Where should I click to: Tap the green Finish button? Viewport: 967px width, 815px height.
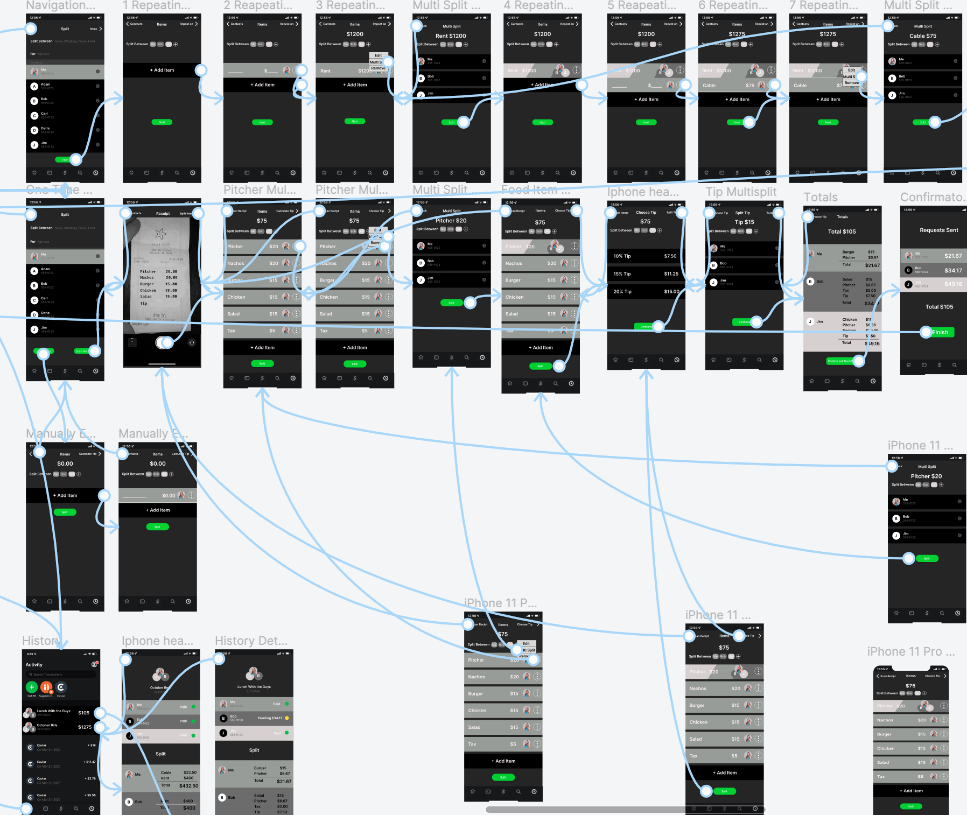tap(939, 332)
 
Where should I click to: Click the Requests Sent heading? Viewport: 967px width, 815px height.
tap(938, 230)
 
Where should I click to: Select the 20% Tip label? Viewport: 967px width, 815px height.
tap(622, 292)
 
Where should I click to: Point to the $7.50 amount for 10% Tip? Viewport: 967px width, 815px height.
tap(670, 256)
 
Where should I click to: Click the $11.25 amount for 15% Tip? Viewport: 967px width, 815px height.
tap(671, 274)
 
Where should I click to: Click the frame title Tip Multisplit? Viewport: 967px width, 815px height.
tap(741, 192)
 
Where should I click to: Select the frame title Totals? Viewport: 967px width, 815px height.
tap(820, 198)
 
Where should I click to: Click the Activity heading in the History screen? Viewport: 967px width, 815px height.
tap(34, 665)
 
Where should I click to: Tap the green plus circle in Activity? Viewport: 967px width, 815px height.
tap(32, 687)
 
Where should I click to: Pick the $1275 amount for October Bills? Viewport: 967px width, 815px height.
tap(85, 727)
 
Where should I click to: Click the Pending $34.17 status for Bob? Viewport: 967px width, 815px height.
tap(270, 718)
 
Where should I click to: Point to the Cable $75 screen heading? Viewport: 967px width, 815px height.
tap(922, 36)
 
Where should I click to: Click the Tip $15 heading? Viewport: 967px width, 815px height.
tap(744, 222)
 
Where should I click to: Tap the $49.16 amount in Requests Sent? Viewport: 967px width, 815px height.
tap(952, 284)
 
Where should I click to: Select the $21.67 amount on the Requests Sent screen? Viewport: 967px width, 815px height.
tap(952, 256)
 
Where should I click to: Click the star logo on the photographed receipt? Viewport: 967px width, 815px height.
tap(160, 234)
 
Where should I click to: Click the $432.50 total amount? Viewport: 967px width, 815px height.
tap(188, 786)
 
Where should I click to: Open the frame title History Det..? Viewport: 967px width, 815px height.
tap(251, 641)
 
